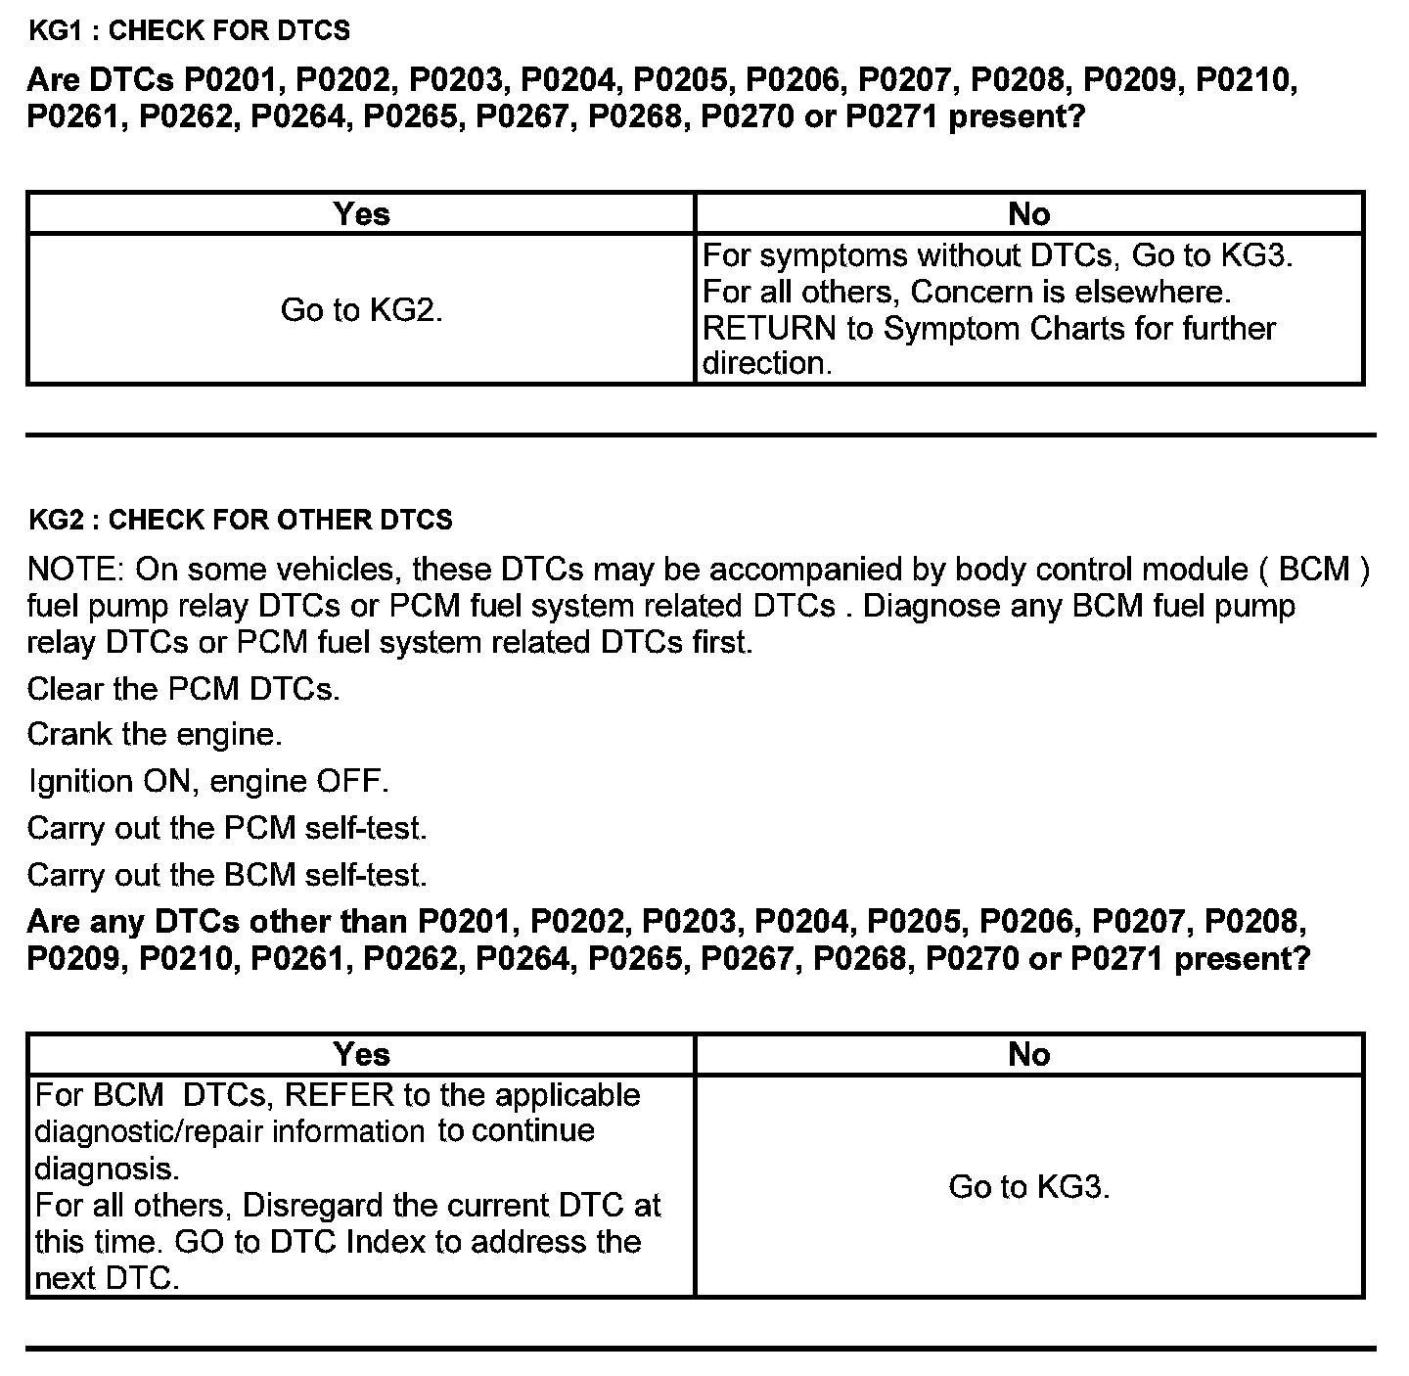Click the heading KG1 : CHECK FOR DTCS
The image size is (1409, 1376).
coord(189,31)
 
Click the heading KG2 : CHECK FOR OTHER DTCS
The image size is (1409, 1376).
coord(241,520)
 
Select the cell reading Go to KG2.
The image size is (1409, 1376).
coord(361,310)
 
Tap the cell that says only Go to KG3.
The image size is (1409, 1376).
coord(1029,1187)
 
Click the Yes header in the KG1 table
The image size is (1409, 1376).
coord(361,213)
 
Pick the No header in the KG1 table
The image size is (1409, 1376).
coord(1029,213)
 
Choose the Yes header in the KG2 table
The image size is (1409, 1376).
coord(361,1054)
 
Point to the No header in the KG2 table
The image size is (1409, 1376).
coord(1029,1054)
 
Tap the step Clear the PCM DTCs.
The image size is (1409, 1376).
coord(183,689)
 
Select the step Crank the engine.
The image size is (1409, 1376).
coord(154,735)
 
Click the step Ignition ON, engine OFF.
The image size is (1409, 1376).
coord(207,782)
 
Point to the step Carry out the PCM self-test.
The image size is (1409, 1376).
coord(227,828)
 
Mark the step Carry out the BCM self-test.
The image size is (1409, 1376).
coord(227,875)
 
